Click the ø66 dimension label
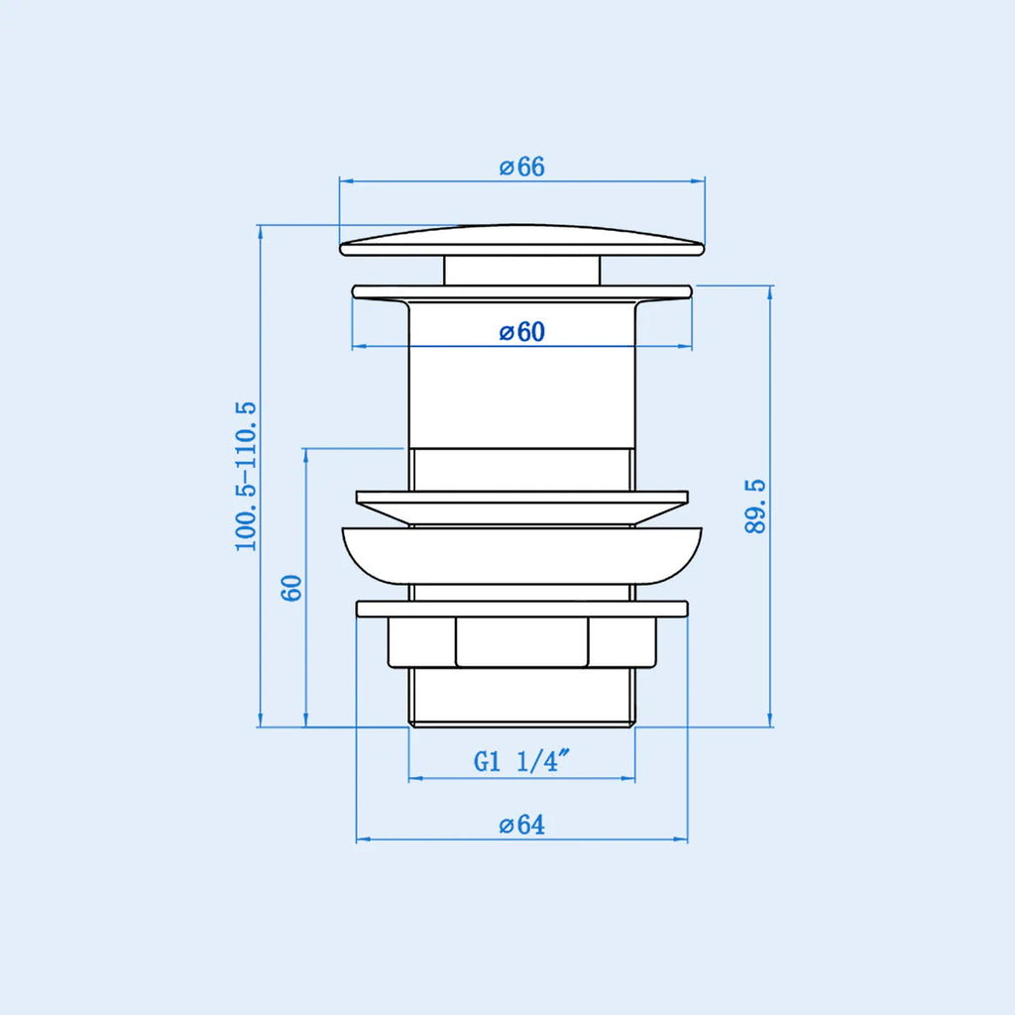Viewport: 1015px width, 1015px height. point(521,167)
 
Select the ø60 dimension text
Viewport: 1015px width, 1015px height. point(521,331)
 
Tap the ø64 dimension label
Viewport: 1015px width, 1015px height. point(521,825)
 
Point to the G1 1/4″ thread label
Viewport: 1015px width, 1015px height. point(521,760)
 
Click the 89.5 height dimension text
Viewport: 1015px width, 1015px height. point(754,507)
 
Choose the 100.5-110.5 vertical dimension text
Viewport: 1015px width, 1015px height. point(246,477)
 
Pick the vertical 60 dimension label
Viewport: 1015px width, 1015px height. point(291,588)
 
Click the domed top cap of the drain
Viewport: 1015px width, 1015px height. point(521,240)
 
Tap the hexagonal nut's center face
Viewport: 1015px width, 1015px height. point(521,641)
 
